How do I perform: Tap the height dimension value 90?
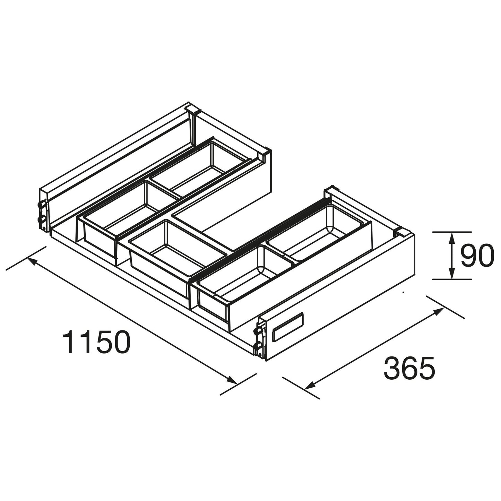pyautogui.click(x=477, y=256)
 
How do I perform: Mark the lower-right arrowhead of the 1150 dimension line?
pyautogui.click(x=231, y=380)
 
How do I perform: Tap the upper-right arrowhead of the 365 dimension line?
pyautogui.click(x=438, y=311)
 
